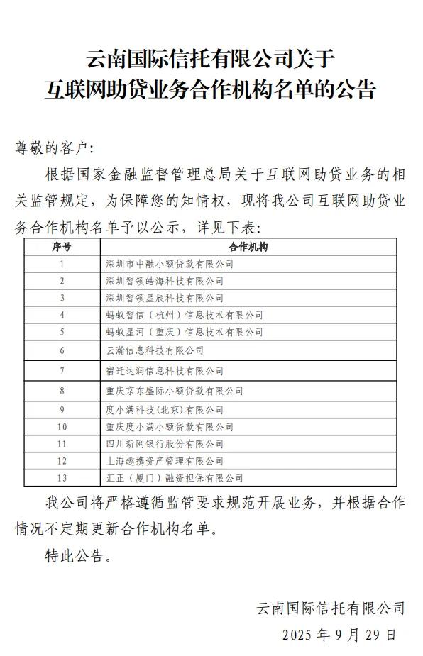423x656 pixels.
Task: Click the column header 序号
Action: (x=62, y=246)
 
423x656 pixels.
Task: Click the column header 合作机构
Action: (x=248, y=246)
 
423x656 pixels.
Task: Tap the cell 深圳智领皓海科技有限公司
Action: (x=164, y=281)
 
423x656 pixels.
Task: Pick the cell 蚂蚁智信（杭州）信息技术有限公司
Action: (x=184, y=315)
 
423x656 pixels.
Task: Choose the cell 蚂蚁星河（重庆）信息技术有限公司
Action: (x=184, y=332)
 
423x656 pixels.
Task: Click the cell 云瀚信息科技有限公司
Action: (x=154, y=350)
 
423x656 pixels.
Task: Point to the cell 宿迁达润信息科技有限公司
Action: (x=164, y=371)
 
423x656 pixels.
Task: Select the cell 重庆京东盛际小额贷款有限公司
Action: (x=174, y=391)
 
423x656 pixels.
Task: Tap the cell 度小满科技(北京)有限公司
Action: (x=164, y=410)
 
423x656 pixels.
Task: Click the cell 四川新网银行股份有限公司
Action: (x=164, y=444)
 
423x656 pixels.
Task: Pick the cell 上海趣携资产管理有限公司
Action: (x=164, y=461)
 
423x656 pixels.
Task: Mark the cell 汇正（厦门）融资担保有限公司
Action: (x=174, y=479)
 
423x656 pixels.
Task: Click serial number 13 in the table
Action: (x=62, y=479)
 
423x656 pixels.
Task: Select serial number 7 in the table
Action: (x=62, y=371)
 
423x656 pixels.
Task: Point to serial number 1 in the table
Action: (x=62, y=264)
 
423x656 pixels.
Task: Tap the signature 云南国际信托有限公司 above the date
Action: (x=331, y=608)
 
